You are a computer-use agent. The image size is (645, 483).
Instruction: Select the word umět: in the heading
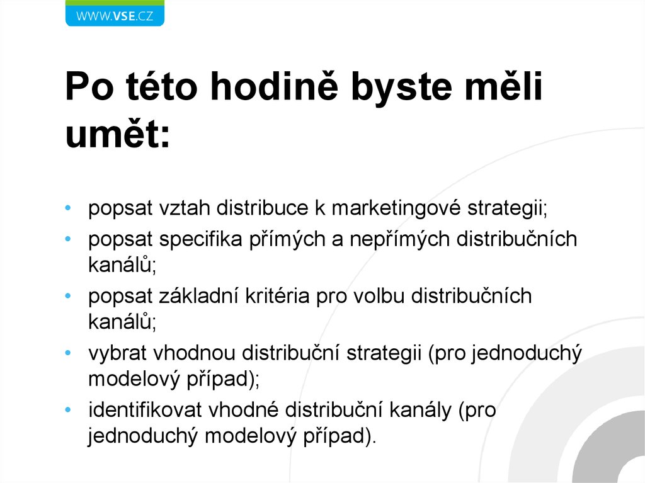pos(118,134)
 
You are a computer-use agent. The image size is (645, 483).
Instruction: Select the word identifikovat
pos(144,410)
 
